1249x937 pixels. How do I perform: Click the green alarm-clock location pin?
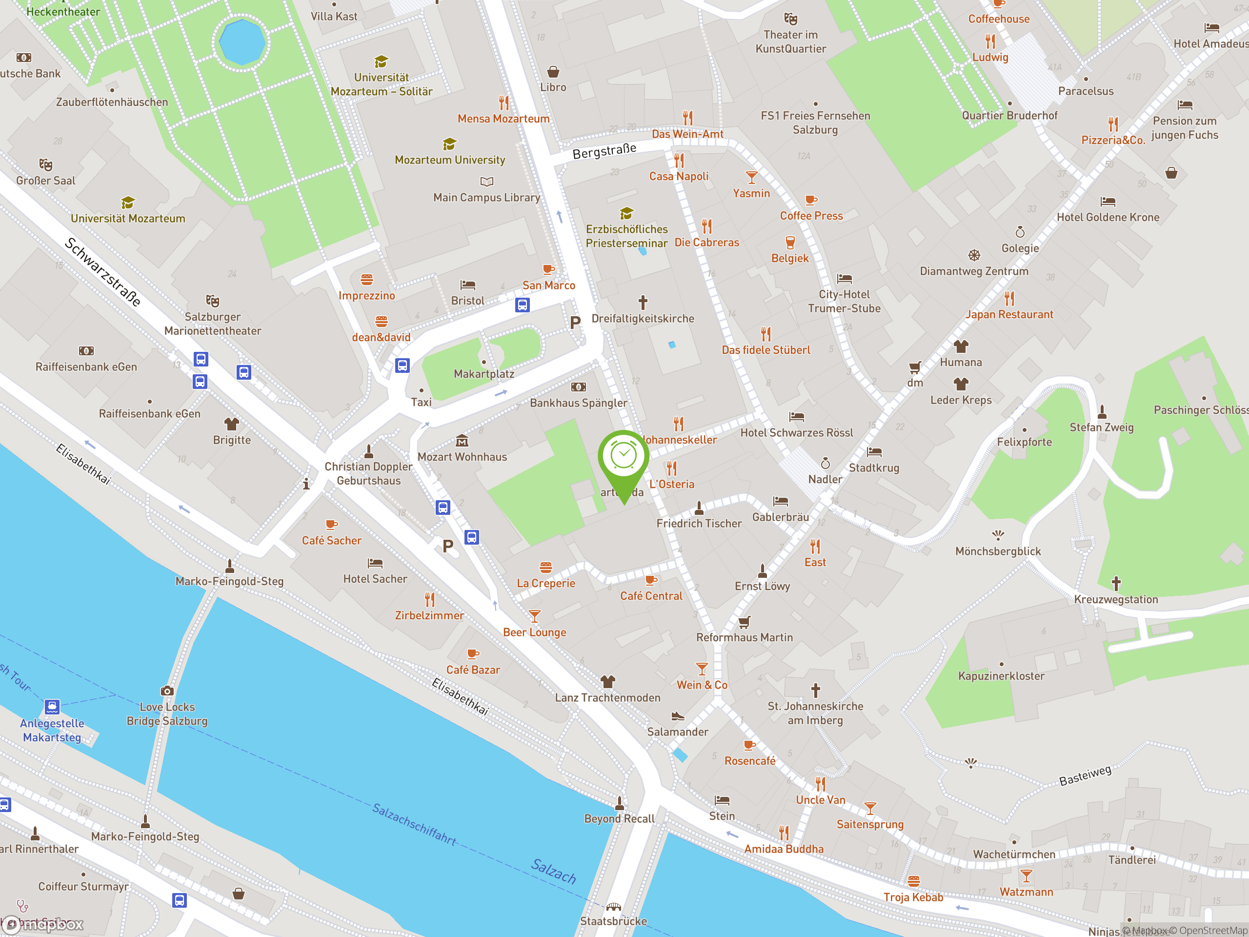[x=624, y=457]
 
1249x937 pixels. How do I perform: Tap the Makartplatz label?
[x=484, y=374]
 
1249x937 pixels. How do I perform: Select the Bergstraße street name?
[x=604, y=151]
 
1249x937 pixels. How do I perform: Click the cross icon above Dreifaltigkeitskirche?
[x=643, y=302]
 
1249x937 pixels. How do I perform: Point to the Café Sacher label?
[x=331, y=541]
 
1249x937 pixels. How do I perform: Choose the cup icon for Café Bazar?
[x=473, y=654]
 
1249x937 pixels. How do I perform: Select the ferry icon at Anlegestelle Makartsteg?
[x=52, y=707]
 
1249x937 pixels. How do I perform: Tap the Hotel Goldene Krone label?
[x=1108, y=218]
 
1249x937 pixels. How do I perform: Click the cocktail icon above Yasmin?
[x=751, y=177]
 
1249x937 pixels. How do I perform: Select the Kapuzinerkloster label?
[x=1001, y=676]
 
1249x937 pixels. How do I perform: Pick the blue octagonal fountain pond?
[x=242, y=42]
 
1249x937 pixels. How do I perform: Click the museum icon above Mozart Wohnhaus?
[x=462, y=441]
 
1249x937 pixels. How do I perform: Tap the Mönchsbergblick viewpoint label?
[x=998, y=551]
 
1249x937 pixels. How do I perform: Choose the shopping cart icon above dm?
[x=915, y=367]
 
